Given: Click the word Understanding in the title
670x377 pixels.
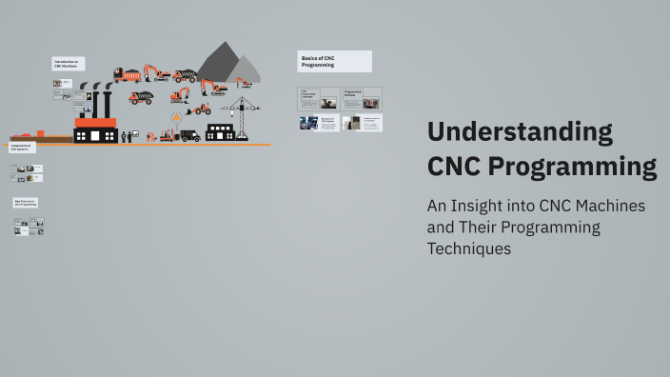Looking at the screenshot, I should [x=520, y=131].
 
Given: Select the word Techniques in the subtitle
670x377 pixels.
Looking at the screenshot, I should [x=470, y=248].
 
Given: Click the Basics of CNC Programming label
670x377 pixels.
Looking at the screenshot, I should [x=334, y=62].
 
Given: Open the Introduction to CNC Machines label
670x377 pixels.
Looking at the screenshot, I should [x=68, y=64].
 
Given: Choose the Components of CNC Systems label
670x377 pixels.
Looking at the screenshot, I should [x=22, y=148].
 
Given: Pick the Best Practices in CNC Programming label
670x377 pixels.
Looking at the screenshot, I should [x=26, y=203].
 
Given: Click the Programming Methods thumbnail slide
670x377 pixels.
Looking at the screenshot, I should [x=362, y=97].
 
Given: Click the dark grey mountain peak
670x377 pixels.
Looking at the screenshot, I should [x=218, y=62].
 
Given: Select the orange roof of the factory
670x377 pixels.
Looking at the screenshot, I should [x=95, y=122].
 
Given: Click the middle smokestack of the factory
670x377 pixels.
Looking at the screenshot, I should [x=96, y=101].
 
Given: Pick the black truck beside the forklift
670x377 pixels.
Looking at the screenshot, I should [x=190, y=135].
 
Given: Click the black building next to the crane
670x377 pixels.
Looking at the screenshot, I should [x=220, y=132].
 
